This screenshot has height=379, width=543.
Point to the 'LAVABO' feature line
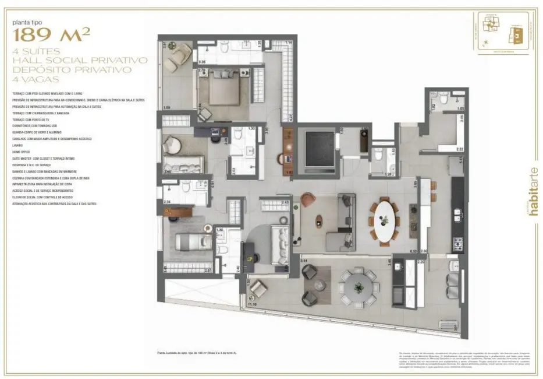coord(17,146)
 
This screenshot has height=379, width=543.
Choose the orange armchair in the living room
coord(307,202)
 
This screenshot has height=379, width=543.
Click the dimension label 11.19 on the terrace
coord(252,304)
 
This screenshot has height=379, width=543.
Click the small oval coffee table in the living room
coord(319,221)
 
